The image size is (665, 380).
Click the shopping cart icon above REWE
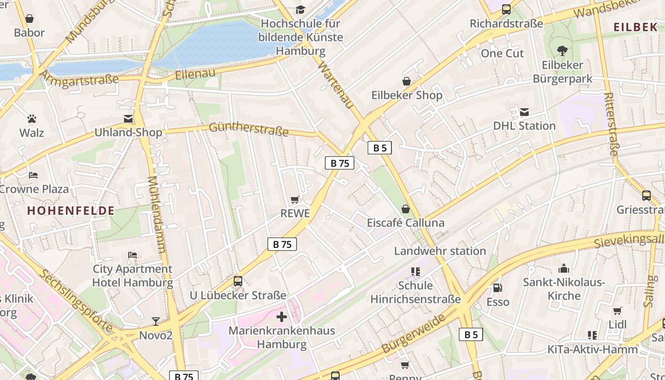[x=295, y=200]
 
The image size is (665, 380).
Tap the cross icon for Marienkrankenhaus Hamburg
[x=282, y=316]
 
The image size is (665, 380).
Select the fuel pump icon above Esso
[x=497, y=288]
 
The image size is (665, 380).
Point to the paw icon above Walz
[x=32, y=119]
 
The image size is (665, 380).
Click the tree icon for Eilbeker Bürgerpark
[x=562, y=50]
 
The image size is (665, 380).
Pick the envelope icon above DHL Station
[x=524, y=112]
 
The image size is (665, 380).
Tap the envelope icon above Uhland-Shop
[x=128, y=119]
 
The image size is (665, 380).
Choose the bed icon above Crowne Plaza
[x=33, y=175]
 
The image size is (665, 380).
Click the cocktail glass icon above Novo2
[x=156, y=322]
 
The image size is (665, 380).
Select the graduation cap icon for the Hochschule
[x=300, y=9]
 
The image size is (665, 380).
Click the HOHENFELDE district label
[x=71, y=211]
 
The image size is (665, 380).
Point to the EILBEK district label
[x=635, y=27]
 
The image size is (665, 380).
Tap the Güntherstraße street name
[x=248, y=129]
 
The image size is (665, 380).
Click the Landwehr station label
[x=440, y=251]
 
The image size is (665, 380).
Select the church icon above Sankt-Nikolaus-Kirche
[x=564, y=268]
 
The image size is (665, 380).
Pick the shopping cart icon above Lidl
[x=617, y=311]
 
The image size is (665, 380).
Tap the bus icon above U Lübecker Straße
[x=238, y=281]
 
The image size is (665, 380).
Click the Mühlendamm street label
[x=157, y=214]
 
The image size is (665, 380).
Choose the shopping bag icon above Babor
[x=29, y=19]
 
